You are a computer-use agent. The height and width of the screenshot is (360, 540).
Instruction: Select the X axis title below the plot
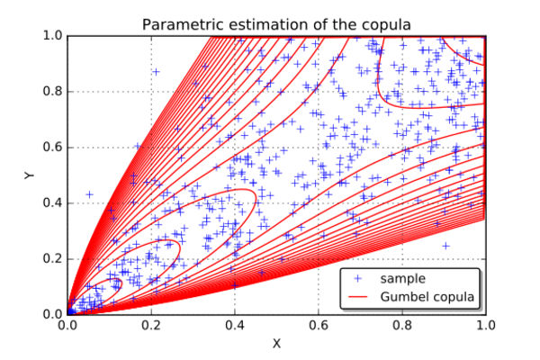point(276,344)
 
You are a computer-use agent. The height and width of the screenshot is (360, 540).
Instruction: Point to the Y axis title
point(30,175)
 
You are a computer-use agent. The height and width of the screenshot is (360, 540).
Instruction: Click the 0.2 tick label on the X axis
point(151,325)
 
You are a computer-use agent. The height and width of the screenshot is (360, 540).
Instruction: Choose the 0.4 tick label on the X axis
point(235,325)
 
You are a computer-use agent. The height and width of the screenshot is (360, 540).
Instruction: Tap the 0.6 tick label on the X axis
point(319,325)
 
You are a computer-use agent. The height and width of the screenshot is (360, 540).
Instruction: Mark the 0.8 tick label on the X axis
point(402,325)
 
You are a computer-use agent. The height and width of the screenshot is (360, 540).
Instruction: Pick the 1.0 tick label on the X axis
point(486,325)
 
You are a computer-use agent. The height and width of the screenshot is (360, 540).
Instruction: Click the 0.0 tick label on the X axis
point(67,325)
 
